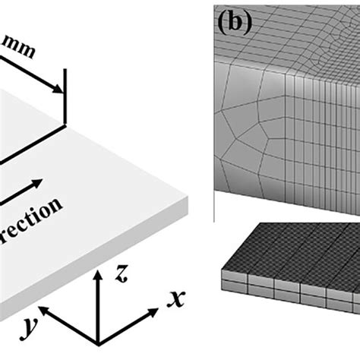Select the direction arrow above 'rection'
tap(46, 187)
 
